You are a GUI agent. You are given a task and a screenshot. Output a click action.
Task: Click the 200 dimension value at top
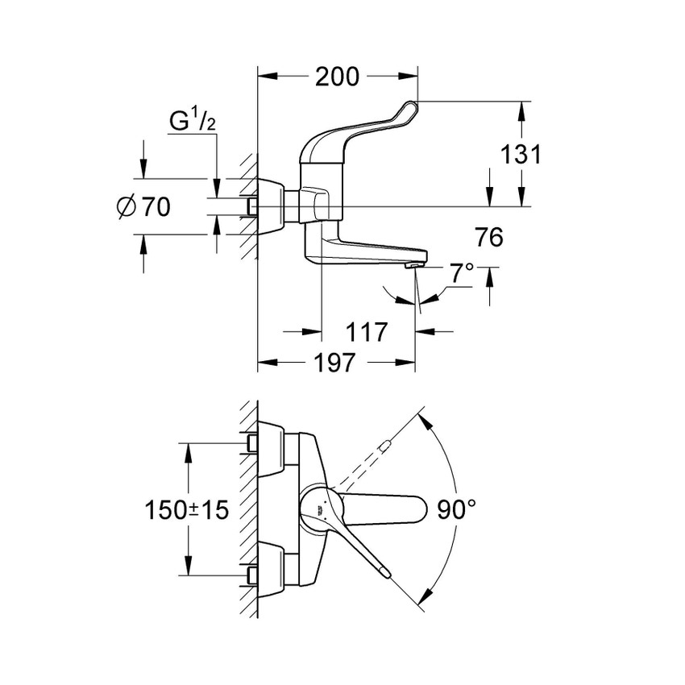click(x=337, y=77)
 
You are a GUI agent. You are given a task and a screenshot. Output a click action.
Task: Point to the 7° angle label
click(x=462, y=273)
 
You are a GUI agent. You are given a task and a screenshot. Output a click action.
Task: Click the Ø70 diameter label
click(x=143, y=208)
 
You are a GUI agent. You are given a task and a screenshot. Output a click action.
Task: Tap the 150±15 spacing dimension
click(x=187, y=509)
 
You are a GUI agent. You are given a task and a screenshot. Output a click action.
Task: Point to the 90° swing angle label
click(x=458, y=509)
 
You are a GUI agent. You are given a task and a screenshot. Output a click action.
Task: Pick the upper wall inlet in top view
click(x=251, y=443)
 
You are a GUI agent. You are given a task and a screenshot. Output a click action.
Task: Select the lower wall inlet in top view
click(x=251, y=575)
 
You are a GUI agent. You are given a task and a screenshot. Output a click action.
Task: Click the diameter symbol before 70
click(x=125, y=208)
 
